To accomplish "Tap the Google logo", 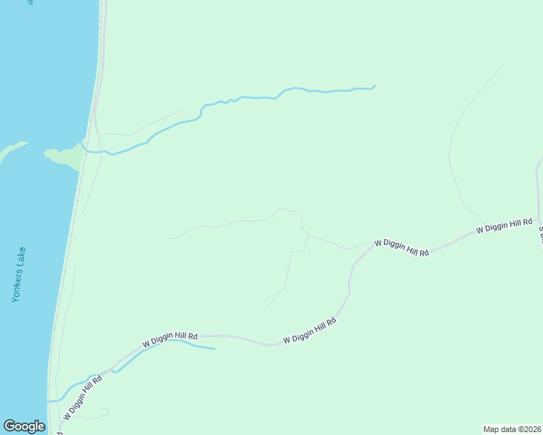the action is [24, 426].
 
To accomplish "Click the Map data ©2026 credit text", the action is [512, 429].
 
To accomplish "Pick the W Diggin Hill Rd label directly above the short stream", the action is [171, 337].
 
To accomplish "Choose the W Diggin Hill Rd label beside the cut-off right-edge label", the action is [505, 225].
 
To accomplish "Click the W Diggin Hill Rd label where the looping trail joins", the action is [401, 247].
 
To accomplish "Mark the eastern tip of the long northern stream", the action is [375, 86].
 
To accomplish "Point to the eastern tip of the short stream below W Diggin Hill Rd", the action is [215, 349].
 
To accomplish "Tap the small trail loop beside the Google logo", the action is [98, 414].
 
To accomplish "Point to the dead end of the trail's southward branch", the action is [269, 307].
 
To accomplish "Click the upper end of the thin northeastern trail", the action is [502, 66].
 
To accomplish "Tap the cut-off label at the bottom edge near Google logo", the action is [60, 432].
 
